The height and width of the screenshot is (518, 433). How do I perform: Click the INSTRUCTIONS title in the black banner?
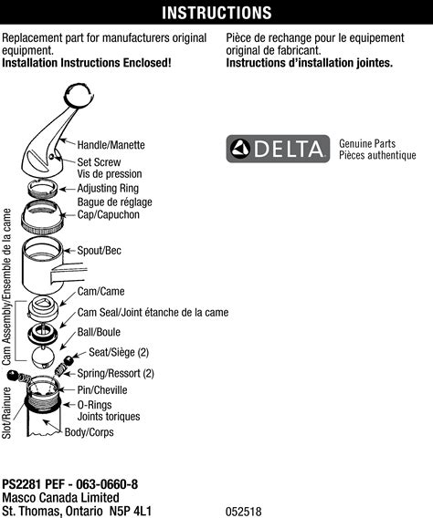click(216, 13)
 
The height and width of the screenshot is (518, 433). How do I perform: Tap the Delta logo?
click(278, 149)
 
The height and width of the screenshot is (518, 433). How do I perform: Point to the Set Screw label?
click(99, 162)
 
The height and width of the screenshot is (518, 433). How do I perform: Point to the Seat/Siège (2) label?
click(118, 353)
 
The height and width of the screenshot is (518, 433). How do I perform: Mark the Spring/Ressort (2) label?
click(115, 374)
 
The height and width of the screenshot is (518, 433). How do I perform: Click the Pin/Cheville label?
click(102, 390)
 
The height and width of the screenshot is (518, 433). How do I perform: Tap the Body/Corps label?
click(89, 432)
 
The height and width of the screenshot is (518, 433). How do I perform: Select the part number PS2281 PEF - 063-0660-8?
click(69, 484)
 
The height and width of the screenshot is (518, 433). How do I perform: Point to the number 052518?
click(244, 512)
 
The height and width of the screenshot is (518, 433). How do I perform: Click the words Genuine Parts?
click(368, 144)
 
